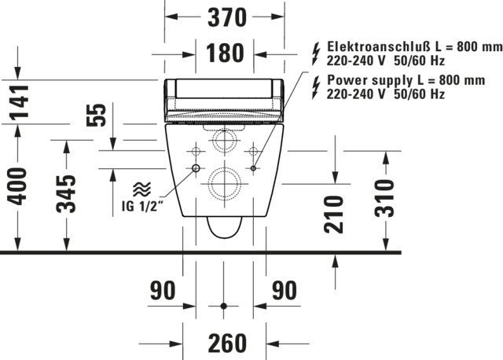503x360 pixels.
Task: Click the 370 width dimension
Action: [227, 17]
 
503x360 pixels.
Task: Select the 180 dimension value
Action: [225, 53]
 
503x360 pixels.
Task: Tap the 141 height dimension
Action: [19, 101]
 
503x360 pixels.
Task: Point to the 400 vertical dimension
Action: [17, 186]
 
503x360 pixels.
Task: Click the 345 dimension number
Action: [66, 194]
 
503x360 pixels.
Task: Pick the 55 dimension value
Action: [96, 115]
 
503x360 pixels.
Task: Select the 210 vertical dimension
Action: [333, 214]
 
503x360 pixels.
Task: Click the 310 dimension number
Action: [384, 198]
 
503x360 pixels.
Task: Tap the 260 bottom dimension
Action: [227, 343]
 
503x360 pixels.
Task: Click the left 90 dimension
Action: [163, 290]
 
